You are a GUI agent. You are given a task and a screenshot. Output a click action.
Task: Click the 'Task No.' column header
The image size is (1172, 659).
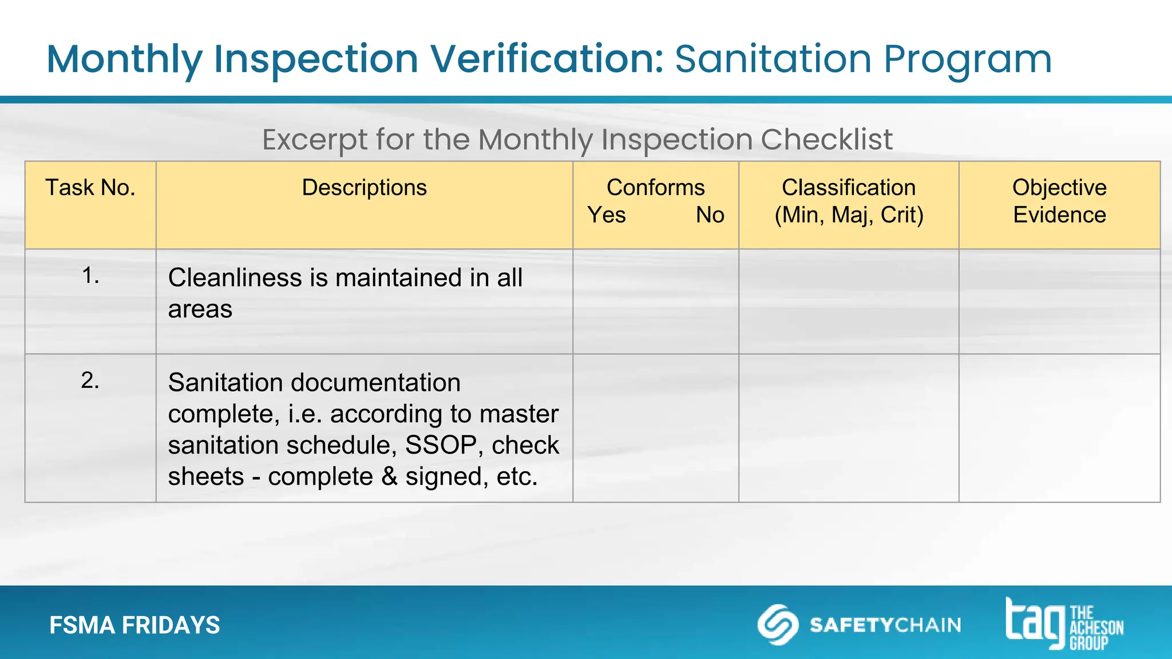pyautogui.click(x=90, y=188)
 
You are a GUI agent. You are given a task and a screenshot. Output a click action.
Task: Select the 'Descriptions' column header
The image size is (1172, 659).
pyautogui.click(x=364, y=188)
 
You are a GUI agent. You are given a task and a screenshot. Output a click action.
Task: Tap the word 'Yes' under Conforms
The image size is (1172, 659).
pyautogui.click(x=607, y=215)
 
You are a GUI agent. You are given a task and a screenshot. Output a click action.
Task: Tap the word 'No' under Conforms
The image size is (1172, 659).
pyautogui.click(x=710, y=215)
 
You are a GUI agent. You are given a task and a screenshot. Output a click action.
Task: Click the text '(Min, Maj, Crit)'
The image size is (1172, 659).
pyautogui.click(x=849, y=215)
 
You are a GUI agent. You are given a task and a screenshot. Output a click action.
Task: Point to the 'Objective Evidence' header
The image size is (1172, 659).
pyautogui.click(x=1059, y=201)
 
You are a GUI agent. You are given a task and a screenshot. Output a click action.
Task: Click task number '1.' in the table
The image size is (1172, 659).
pyautogui.click(x=90, y=276)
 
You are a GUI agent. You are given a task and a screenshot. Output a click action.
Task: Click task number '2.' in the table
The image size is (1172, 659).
pyautogui.click(x=90, y=380)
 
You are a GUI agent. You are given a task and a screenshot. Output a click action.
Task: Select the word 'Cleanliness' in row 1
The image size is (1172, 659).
pyautogui.click(x=235, y=278)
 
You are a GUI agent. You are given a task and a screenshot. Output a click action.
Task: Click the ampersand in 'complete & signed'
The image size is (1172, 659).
pyautogui.click(x=389, y=477)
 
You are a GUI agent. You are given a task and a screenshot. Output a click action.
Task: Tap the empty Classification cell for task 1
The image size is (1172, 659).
pyautogui.click(x=849, y=301)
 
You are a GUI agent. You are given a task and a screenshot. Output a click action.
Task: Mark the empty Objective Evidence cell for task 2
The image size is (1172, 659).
pyautogui.click(x=1059, y=428)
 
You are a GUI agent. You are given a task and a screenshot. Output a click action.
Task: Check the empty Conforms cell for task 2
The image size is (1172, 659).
pyautogui.click(x=656, y=428)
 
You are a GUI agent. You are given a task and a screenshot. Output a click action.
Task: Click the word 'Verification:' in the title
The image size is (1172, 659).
pyautogui.click(x=547, y=59)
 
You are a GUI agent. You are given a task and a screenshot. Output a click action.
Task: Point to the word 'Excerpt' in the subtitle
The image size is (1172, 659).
pyautogui.click(x=314, y=140)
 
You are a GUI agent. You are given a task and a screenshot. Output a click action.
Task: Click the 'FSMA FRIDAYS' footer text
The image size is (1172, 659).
pyautogui.click(x=134, y=625)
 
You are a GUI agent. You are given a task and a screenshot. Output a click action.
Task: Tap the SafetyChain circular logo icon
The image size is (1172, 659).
pyautogui.click(x=778, y=624)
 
